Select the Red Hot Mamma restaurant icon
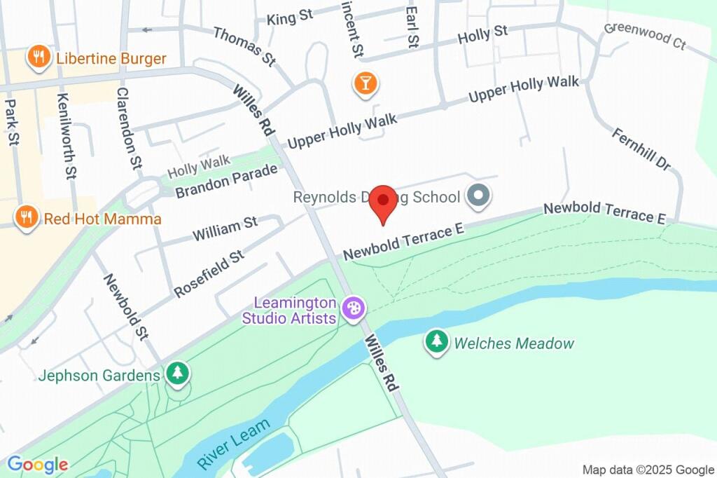27,218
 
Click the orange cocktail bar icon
365,83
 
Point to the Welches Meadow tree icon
438,342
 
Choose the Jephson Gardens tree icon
178,374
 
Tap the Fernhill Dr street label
641,149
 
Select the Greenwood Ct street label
645,36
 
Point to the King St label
290,17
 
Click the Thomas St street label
244,46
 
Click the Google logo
37,464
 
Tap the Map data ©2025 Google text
648,470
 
